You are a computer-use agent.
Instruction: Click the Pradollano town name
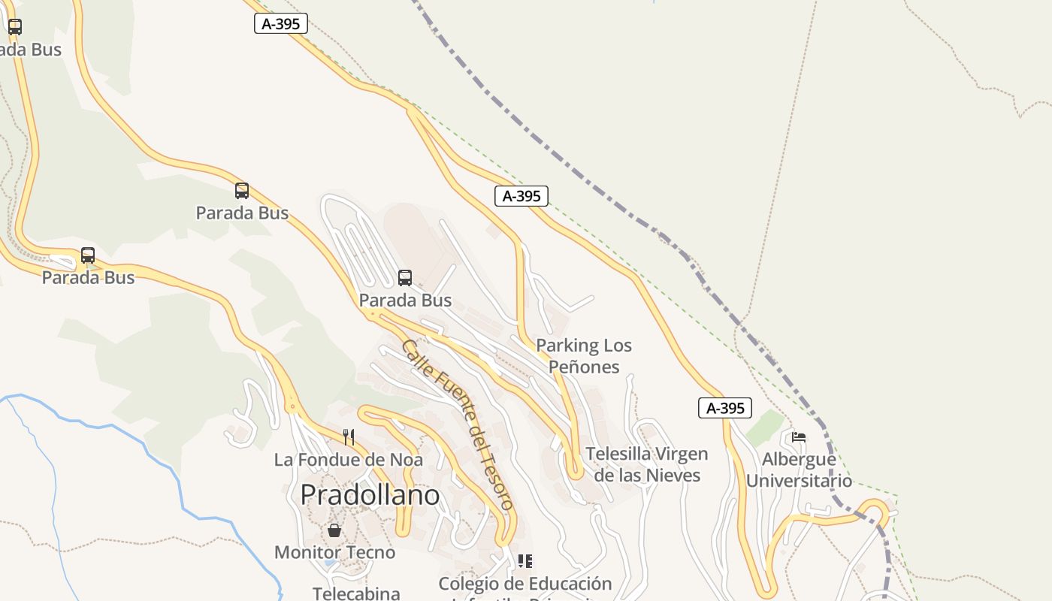[370, 495]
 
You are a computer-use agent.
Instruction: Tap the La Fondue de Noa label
[348, 460]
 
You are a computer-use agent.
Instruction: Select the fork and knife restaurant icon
[349, 437]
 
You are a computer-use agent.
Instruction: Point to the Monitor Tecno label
[334, 553]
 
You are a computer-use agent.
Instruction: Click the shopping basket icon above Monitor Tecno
[334, 530]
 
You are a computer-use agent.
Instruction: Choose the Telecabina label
[356, 593]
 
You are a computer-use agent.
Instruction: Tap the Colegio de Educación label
[525, 584]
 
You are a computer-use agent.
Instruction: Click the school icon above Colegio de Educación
[525, 561]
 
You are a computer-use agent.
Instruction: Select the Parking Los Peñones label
[584, 356]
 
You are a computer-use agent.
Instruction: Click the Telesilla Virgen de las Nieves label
[647, 464]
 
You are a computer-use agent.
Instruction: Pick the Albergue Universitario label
[799, 470]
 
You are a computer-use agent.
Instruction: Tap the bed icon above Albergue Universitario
[799, 437]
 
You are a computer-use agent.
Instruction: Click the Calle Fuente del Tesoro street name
[458, 425]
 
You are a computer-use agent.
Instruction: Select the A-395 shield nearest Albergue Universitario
[725, 408]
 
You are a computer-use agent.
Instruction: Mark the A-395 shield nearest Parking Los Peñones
[521, 196]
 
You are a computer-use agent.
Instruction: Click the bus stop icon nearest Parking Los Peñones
[405, 278]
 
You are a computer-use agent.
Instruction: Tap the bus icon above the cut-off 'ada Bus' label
[15, 27]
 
